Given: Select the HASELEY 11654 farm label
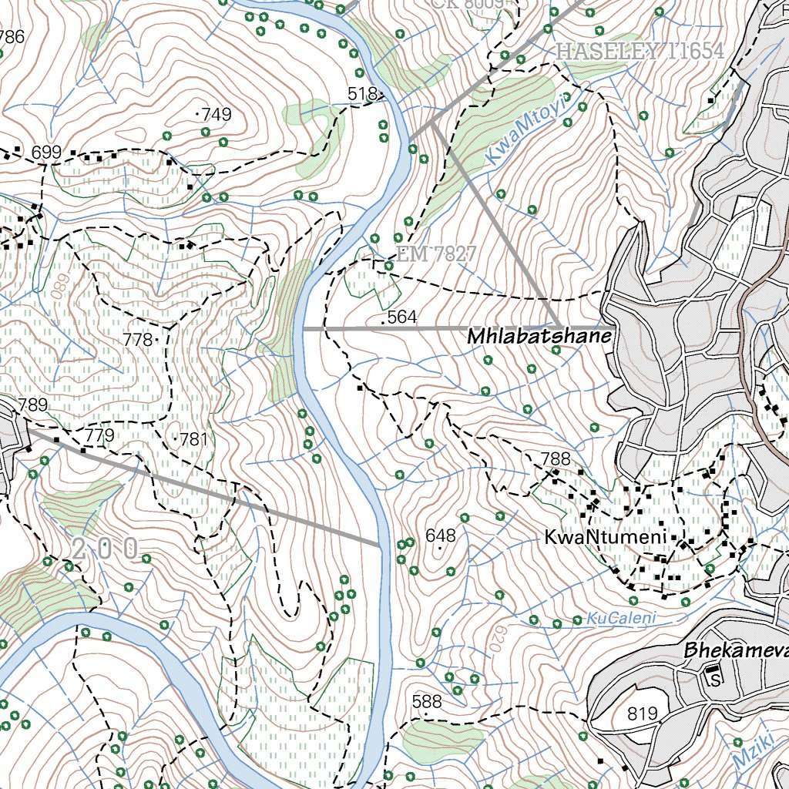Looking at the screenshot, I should (x=640, y=52).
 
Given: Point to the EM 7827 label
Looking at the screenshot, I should (x=437, y=253).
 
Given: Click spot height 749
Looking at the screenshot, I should (x=215, y=115).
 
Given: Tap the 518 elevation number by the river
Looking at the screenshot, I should (x=361, y=94).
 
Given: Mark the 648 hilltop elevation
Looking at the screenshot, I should (x=441, y=536).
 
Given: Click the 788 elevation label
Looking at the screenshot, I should (x=555, y=459).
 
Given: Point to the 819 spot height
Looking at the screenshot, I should (x=643, y=714).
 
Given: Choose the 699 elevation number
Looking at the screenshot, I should (x=47, y=152).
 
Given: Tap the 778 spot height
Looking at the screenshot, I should (x=138, y=339).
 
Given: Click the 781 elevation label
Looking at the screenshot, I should (x=193, y=440).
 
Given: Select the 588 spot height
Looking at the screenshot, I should (x=427, y=701).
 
